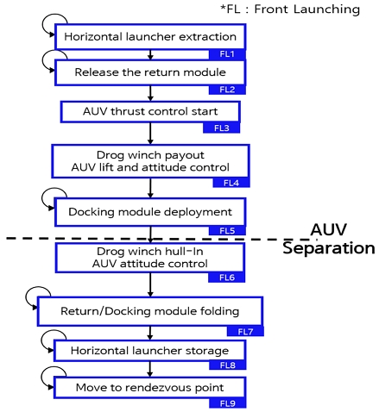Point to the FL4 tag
pos(231,183)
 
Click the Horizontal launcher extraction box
pos(148,38)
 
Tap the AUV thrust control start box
pos(148,112)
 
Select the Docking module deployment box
pos(148,211)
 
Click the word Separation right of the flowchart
pos(329,250)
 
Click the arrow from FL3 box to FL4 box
pos(150,133)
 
